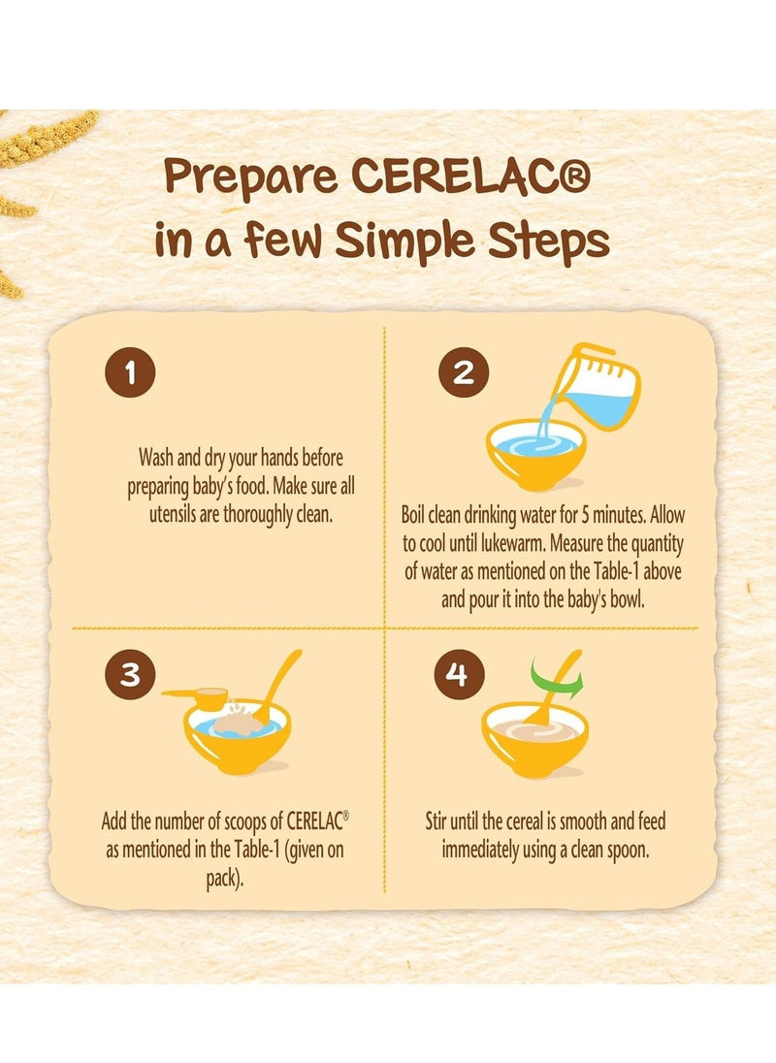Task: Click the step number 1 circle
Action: (130, 372)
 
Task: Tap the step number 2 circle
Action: (464, 372)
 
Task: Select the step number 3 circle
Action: (130, 674)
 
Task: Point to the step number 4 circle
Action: (459, 674)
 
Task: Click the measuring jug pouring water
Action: (597, 386)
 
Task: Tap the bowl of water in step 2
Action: (535, 454)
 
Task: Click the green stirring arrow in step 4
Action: (556, 678)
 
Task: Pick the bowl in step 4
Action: (534, 739)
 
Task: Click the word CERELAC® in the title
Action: (471, 177)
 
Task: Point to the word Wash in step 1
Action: (155, 458)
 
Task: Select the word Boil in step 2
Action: (413, 515)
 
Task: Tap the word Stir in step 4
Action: (436, 821)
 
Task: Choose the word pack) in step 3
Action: (224, 880)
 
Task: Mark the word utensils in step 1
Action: (174, 515)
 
